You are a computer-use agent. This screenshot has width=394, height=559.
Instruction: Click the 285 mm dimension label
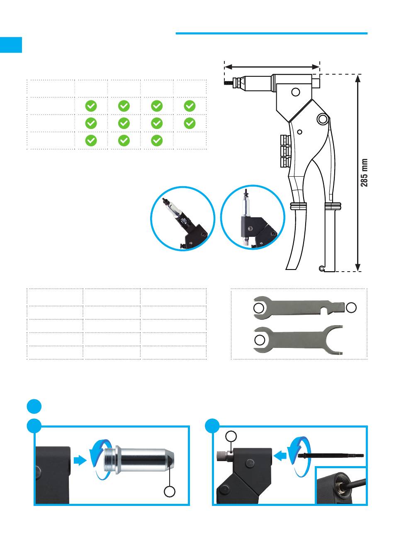point(364,173)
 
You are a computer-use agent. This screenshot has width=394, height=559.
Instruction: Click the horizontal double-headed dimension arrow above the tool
point(272,67)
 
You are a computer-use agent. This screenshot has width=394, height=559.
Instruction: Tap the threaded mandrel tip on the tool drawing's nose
point(228,83)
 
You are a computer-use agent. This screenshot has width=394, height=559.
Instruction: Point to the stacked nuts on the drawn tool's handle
point(285,151)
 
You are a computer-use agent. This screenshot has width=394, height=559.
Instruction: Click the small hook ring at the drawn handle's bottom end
point(321,268)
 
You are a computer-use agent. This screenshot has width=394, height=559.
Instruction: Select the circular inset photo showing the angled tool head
point(182,218)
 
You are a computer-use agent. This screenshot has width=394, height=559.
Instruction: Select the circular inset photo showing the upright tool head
point(253,217)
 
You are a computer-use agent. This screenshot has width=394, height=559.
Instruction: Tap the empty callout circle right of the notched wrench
point(351,307)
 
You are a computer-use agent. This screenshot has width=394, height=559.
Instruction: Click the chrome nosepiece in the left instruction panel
point(139,460)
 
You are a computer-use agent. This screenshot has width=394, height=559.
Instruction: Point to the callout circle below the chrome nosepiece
point(170,492)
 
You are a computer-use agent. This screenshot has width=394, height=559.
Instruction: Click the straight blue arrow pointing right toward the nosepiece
point(80,460)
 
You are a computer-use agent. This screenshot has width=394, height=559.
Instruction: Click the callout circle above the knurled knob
point(231,436)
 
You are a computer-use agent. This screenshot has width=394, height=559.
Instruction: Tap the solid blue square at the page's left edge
point(11,45)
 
